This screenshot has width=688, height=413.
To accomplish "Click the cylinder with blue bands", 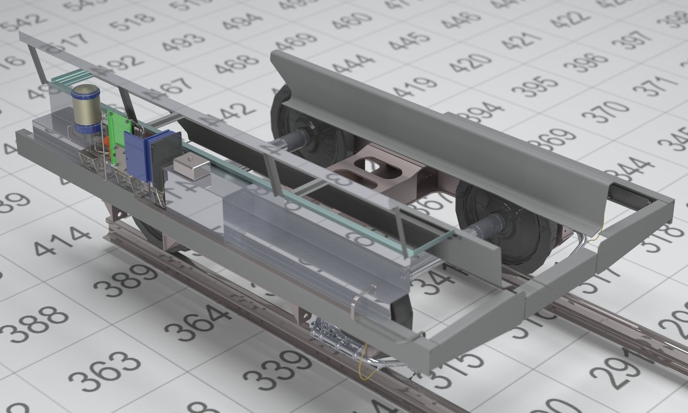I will [86, 109].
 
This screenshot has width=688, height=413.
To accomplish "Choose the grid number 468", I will [236, 63].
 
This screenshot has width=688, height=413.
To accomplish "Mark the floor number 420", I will [469, 62].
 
